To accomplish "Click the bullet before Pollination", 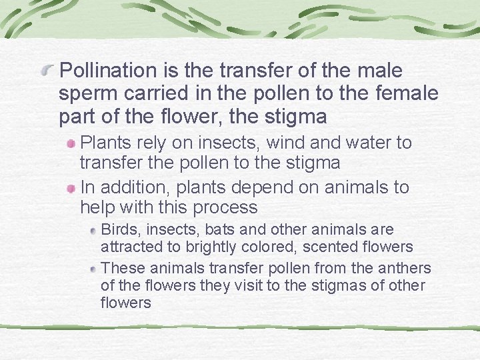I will (49, 69).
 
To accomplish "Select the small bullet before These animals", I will (94, 269).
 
